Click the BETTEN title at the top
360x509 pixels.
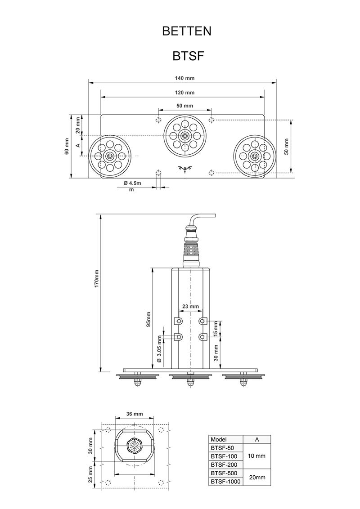[x=186, y=31]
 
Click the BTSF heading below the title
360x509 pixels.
[x=189, y=56]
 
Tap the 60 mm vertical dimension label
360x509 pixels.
[x=67, y=147]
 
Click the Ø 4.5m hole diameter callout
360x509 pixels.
[x=132, y=183]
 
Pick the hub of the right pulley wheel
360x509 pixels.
[x=255, y=156]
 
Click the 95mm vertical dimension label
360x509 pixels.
[x=148, y=319]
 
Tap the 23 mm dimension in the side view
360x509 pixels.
[x=190, y=307]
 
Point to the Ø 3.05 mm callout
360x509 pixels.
[x=159, y=349]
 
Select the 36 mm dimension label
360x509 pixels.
[x=134, y=414]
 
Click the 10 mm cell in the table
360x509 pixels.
[x=256, y=456]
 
